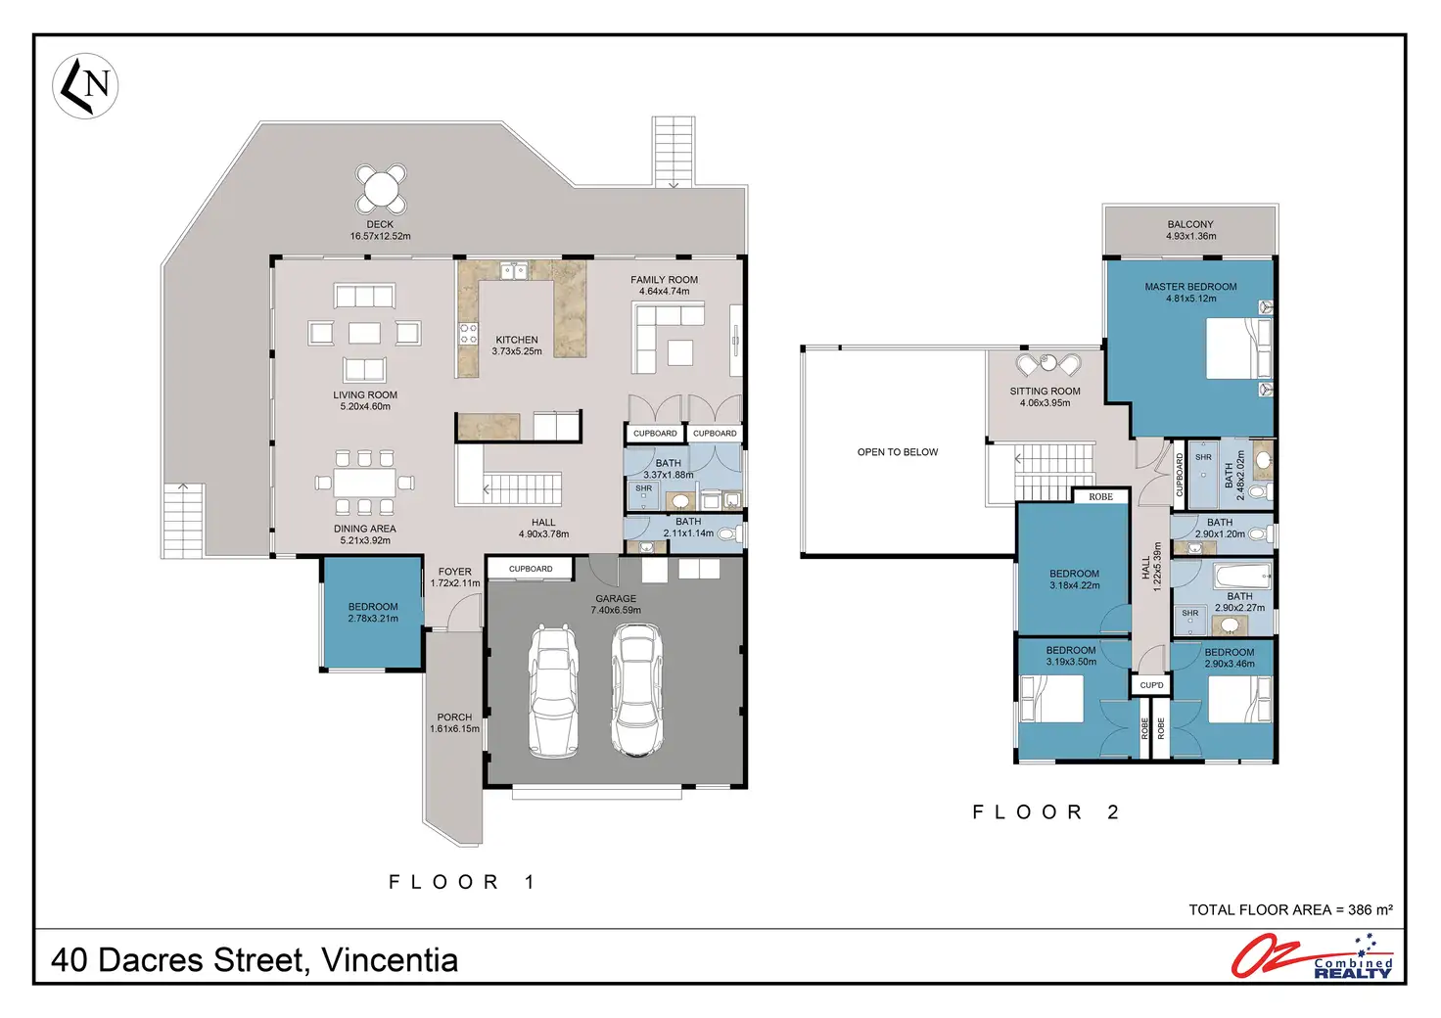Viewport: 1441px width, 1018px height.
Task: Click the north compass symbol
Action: [x=85, y=86]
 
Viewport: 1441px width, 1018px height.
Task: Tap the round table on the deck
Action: [x=381, y=189]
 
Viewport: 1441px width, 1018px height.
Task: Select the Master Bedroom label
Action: [x=1190, y=287]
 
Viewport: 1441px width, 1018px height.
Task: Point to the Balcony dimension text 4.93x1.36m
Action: [x=1190, y=236]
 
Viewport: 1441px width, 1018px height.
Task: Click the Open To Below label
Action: [x=898, y=452]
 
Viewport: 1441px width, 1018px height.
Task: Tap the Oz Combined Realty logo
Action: [x=1313, y=956]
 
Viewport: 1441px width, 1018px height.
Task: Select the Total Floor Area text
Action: [x=1290, y=910]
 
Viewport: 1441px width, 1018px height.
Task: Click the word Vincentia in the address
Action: [x=390, y=960]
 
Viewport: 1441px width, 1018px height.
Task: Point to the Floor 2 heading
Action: [x=1046, y=812]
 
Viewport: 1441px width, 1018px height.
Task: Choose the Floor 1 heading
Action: [x=462, y=882]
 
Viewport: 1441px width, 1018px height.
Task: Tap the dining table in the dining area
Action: [x=365, y=483]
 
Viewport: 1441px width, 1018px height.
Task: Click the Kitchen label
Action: [x=517, y=340]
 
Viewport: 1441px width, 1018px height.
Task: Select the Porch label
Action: [x=454, y=717]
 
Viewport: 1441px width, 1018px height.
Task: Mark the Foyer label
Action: [x=455, y=572]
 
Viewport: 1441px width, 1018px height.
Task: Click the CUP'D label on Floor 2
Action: [x=1151, y=685]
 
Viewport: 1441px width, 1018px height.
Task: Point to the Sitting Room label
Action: [x=1045, y=391]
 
